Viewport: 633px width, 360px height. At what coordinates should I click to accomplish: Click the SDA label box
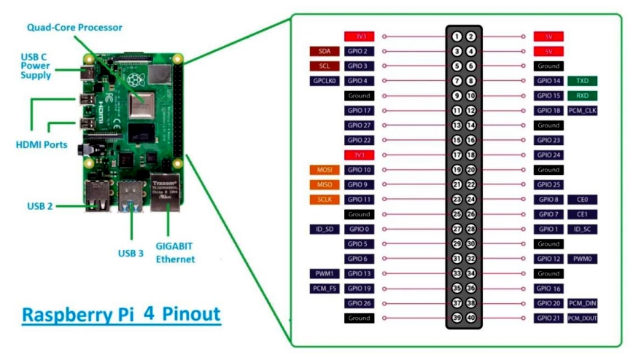click(324, 51)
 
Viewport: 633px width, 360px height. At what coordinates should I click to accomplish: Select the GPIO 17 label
click(360, 111)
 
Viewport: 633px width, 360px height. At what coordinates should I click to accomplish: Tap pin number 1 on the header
click(457, 36)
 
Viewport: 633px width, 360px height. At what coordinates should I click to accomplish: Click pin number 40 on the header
click(471, 318)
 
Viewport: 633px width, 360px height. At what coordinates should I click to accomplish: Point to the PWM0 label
click(582, 259)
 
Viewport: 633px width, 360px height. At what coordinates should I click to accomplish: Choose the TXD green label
click(582, 81)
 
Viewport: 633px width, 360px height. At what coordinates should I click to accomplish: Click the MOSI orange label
click(324, 170)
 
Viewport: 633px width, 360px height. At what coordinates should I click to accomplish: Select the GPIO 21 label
click(548, 318)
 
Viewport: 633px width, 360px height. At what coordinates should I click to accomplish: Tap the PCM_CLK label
click(583, 111)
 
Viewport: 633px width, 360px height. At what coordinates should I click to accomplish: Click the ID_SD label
click(324, 230)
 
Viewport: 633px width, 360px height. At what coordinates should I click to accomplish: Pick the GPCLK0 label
click(324, 81)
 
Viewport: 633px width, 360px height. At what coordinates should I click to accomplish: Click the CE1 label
click(582, 214)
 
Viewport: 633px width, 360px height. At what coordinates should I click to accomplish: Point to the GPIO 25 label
click(548, 185)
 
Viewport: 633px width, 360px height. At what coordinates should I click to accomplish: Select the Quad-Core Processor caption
click(74, 28)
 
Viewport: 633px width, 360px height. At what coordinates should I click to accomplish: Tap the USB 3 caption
click(131, 254)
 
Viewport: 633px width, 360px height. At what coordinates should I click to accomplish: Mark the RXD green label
click(582, 95)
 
